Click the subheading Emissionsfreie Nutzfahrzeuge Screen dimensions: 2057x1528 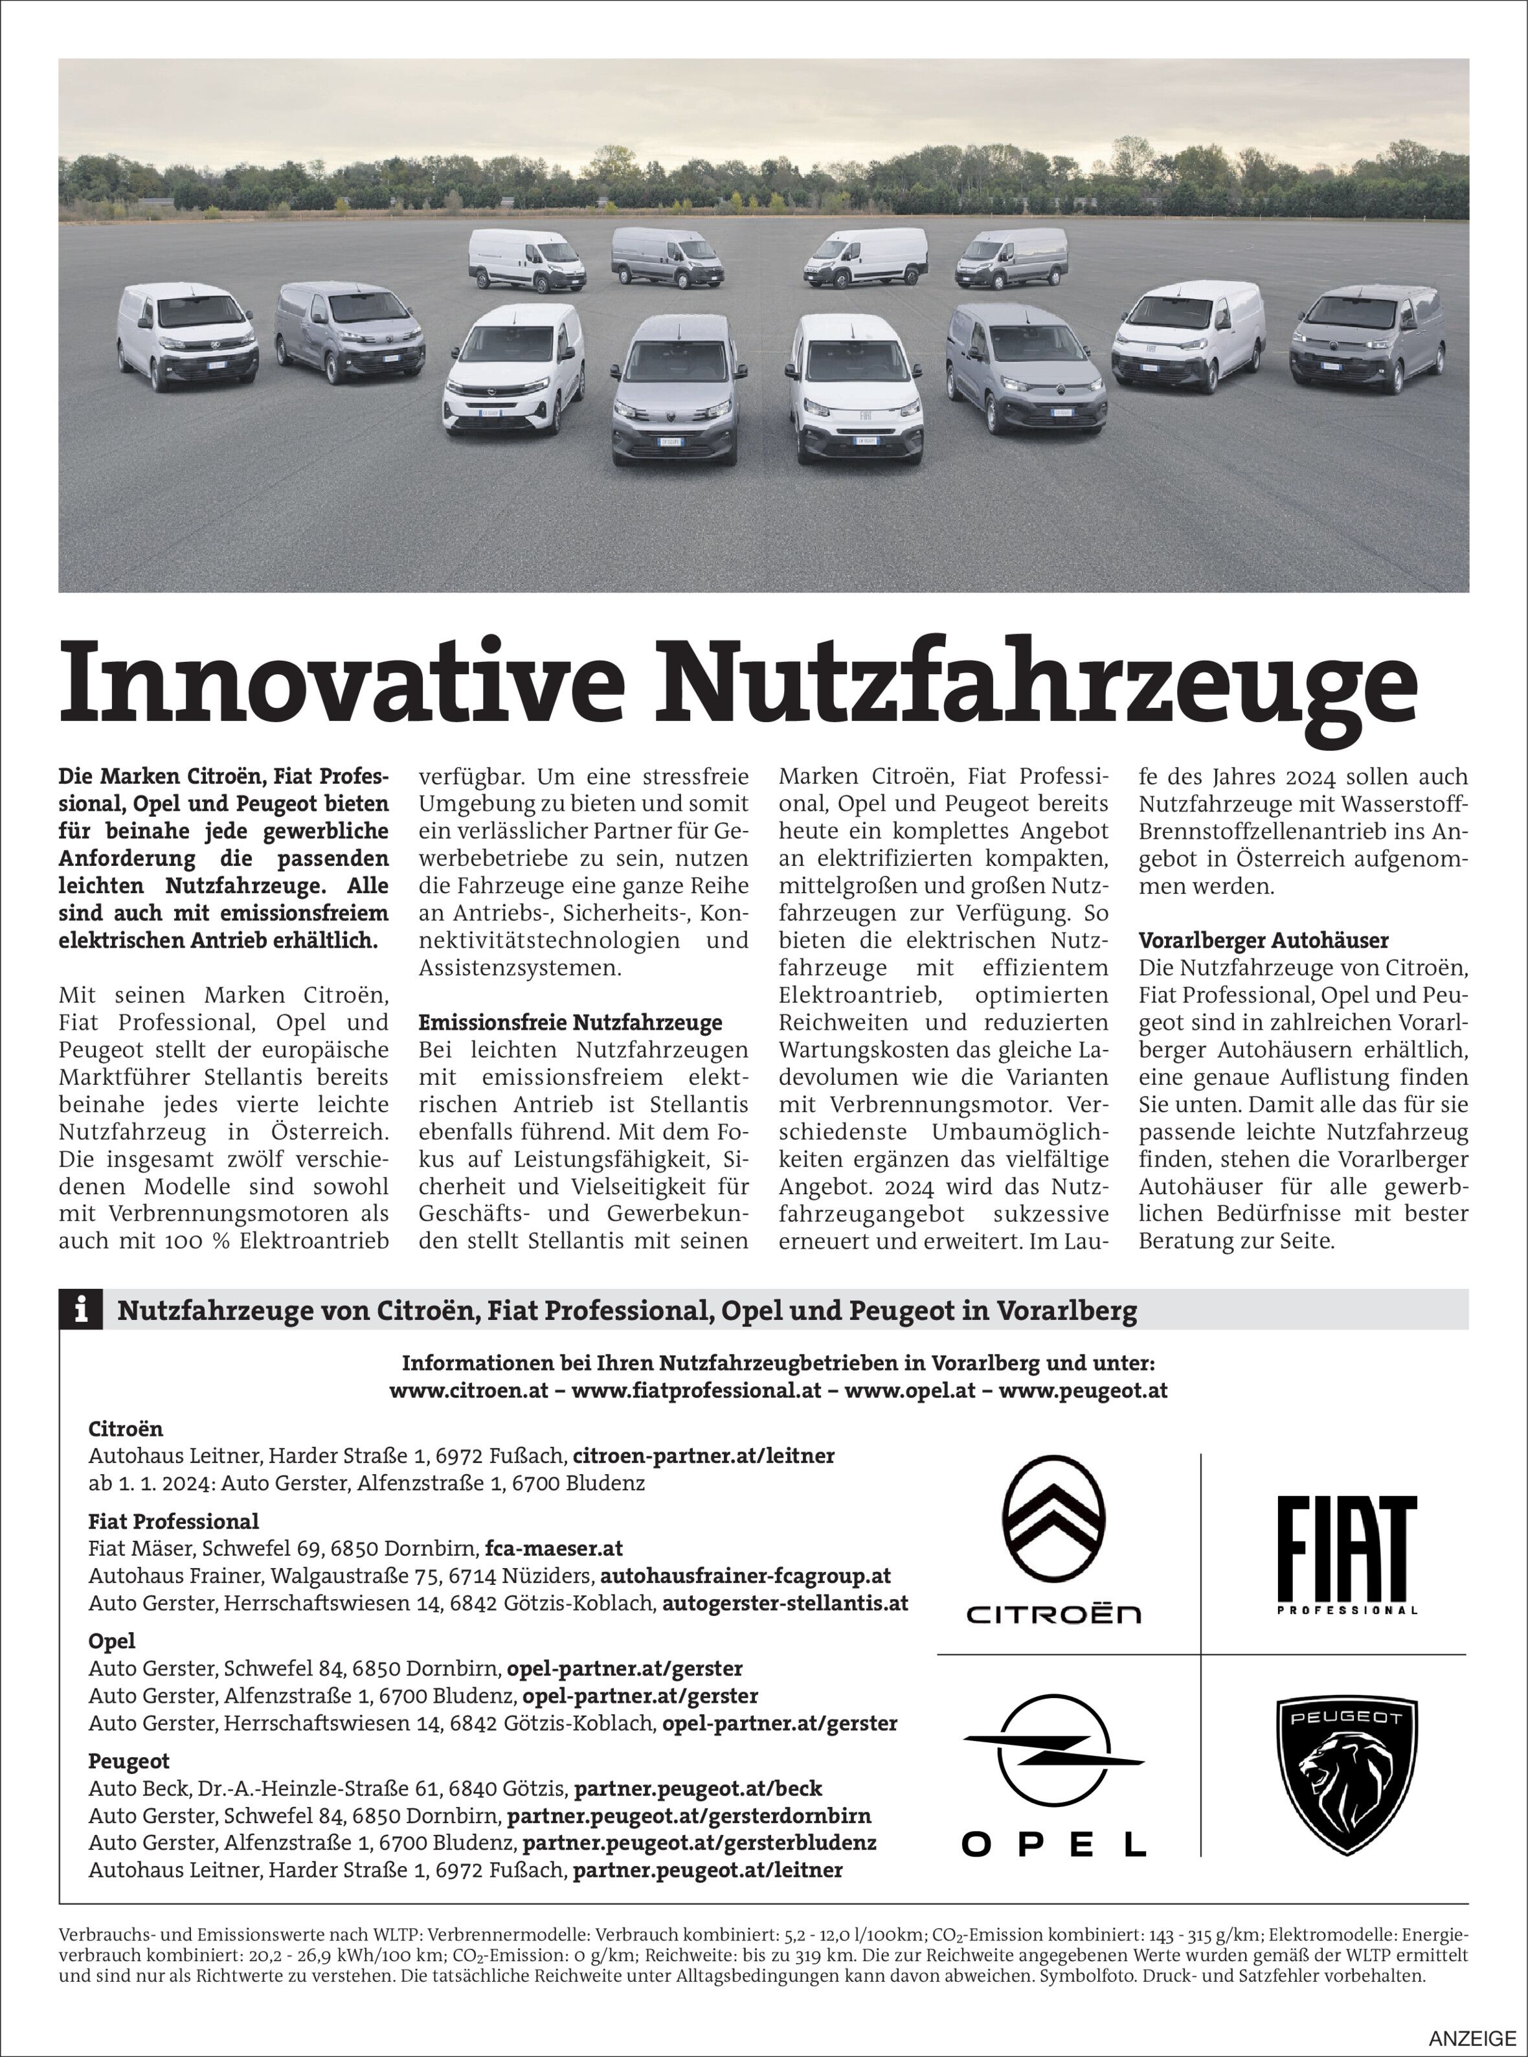coord(570,1023)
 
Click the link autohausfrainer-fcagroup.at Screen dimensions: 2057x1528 coord(745,1575)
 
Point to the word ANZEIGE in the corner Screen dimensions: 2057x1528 coord(1472,2038)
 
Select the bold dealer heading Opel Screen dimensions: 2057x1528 coord(112,1641)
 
